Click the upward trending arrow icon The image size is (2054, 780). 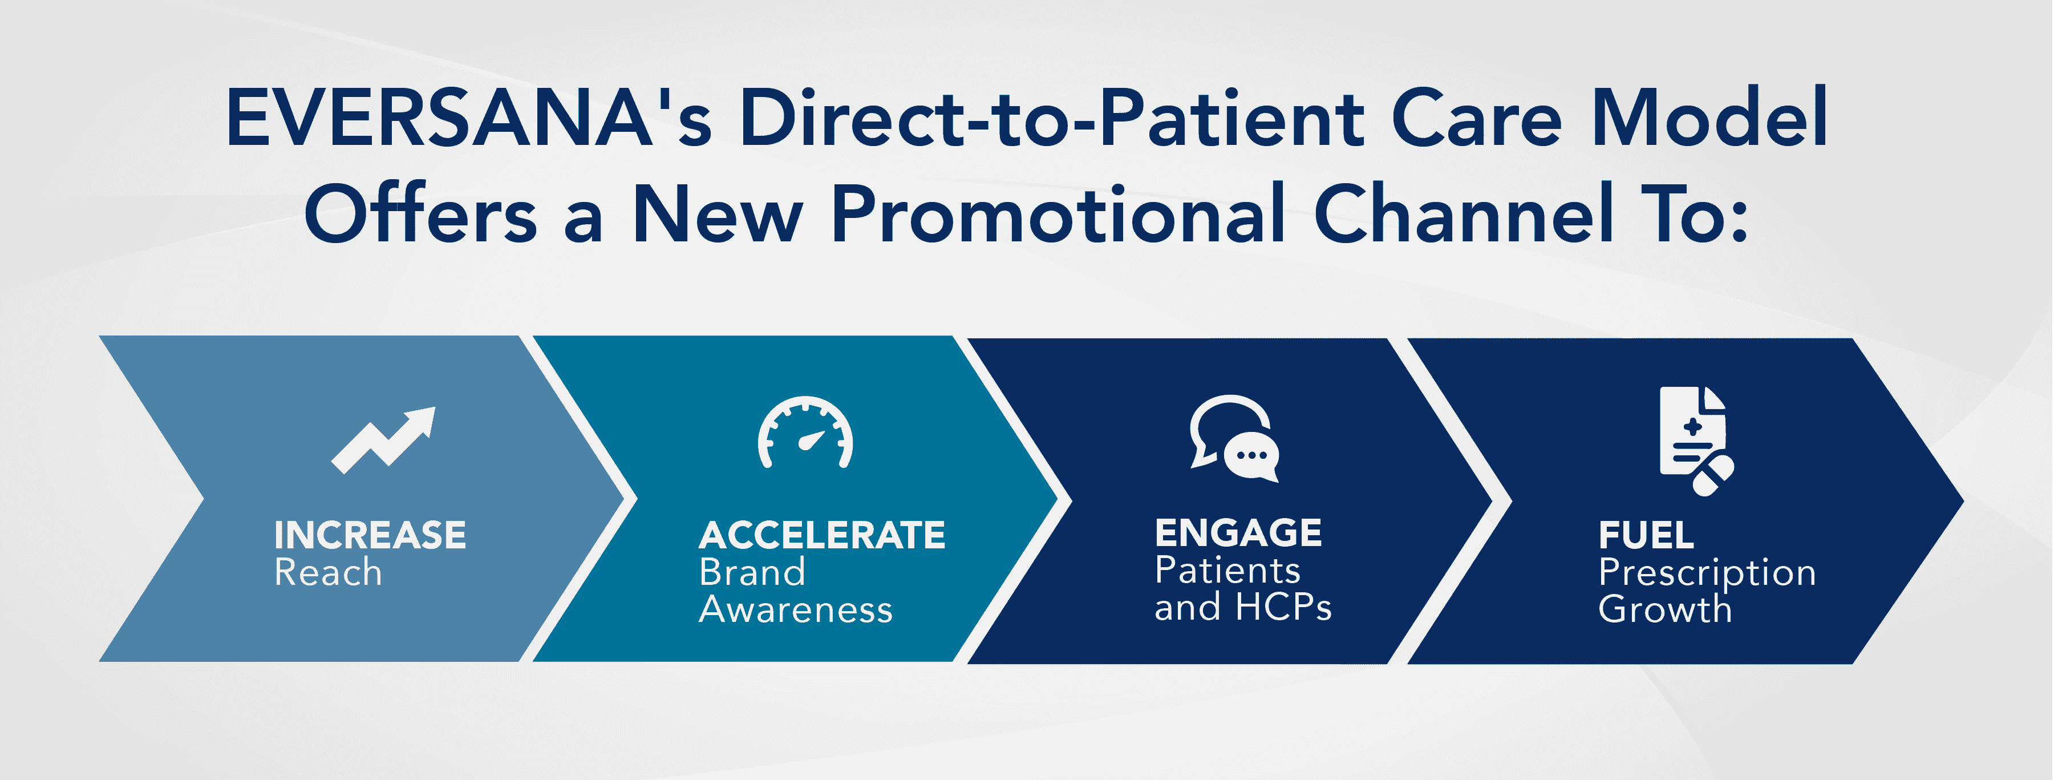[383, 440]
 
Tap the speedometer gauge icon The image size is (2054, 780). [805, 433]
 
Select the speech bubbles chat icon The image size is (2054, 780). [1234, 439]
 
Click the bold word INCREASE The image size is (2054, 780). [370, 535]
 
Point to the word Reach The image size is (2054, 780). [328, 573]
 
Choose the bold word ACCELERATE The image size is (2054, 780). [822, 535]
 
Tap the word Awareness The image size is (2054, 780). [796, 610]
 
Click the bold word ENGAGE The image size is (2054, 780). [1238, 533]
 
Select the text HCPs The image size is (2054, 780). [1284, 608]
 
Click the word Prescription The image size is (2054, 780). [1707, 573]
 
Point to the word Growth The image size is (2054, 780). [1666, 609]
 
